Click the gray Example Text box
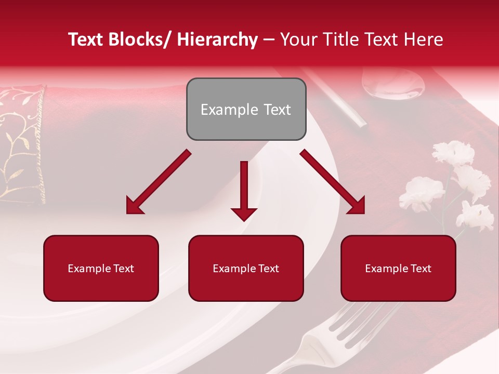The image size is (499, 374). (246, 109)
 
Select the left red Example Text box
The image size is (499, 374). (101, 268)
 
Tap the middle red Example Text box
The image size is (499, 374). (246, 268)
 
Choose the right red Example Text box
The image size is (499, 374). (398, 268)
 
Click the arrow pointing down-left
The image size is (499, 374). (158, 182)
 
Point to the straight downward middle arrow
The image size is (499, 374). (244, 190)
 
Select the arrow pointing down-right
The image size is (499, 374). (333, 182)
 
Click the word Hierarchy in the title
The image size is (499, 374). (217, 39)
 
